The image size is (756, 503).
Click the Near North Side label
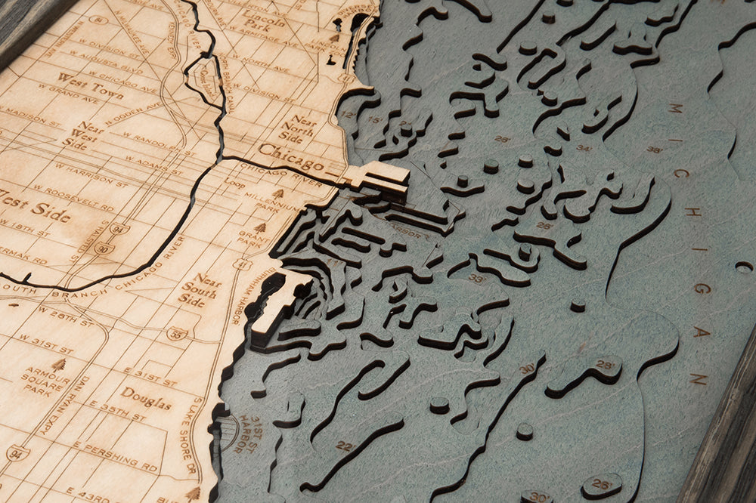[297, 129]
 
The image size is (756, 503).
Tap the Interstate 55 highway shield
[176, 333]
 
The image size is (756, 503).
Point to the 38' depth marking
[654, 150]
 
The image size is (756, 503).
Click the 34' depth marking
[583, 148]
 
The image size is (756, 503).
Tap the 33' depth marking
[476, 278]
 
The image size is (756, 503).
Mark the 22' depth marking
[345, 446]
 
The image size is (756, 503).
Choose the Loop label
[234, 183]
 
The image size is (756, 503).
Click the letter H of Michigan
[692, 211]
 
